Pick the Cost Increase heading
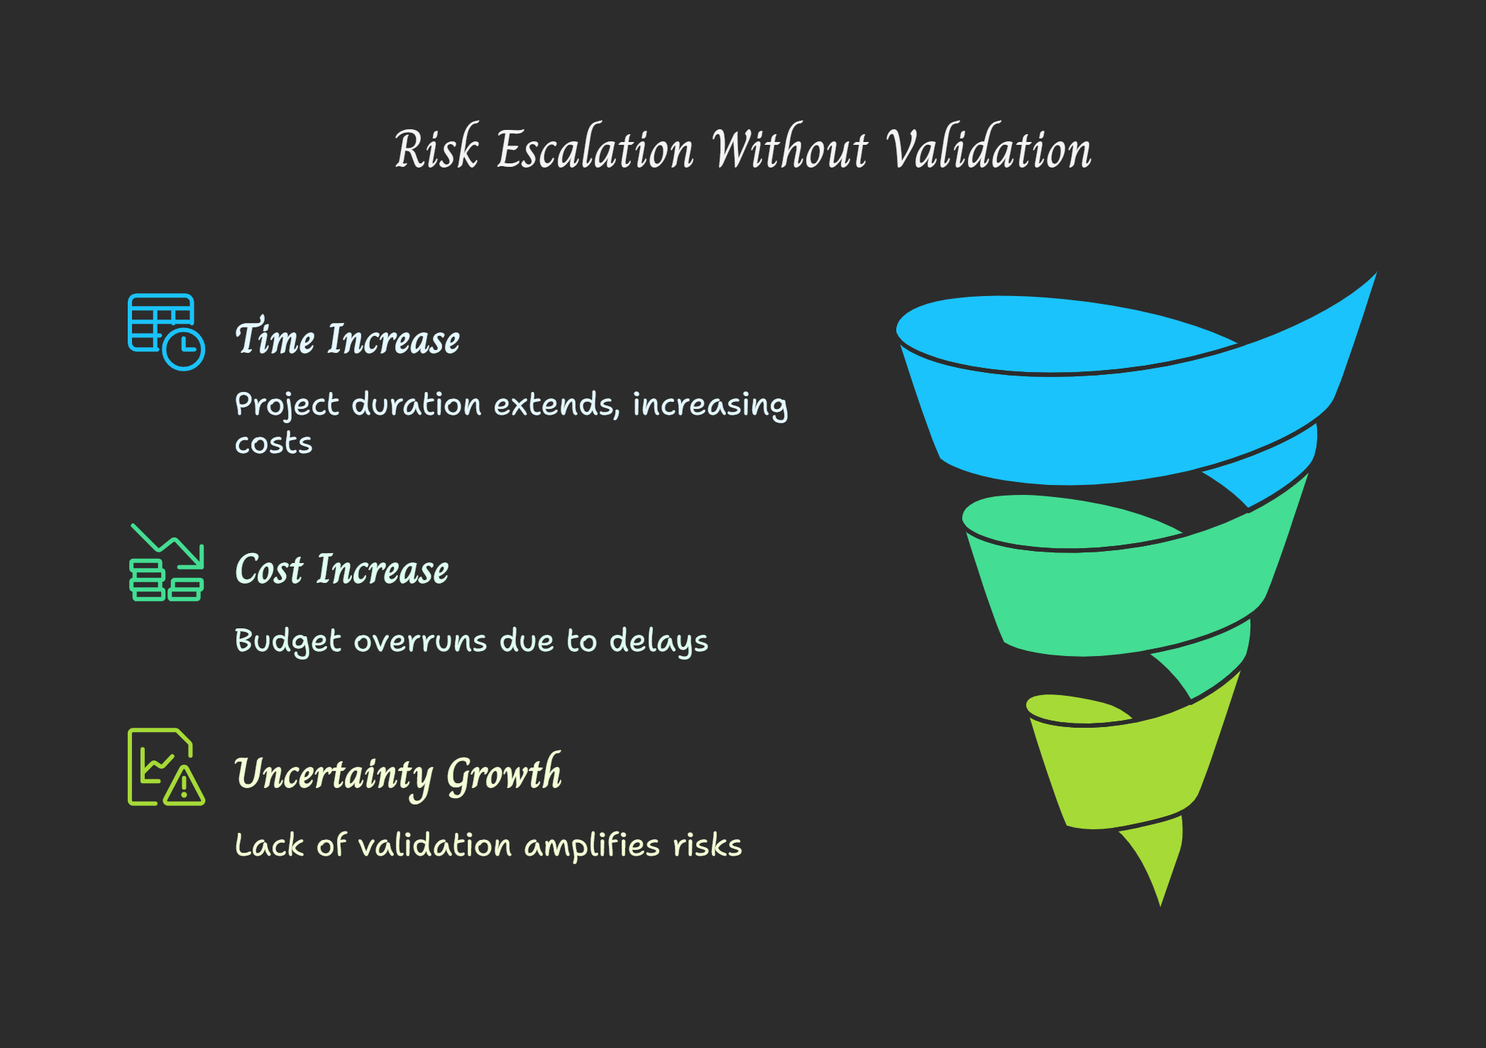342,569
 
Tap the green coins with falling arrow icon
167,562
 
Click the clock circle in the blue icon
184,349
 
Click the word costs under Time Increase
274,444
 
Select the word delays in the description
659,640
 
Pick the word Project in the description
287,405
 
